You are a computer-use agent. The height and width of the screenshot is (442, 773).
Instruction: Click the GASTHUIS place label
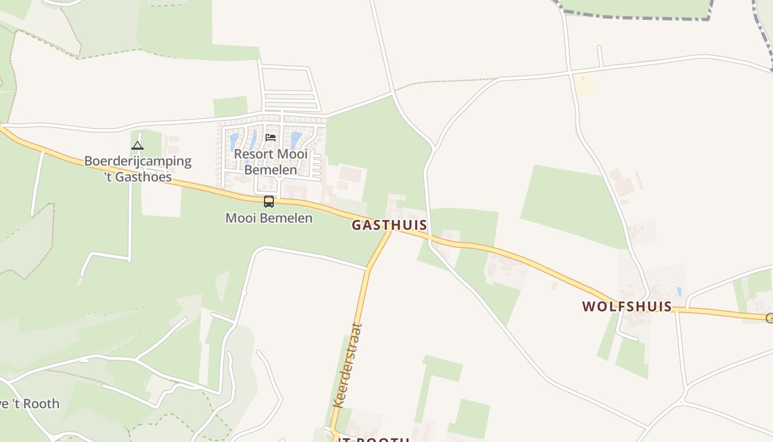click(389, 225)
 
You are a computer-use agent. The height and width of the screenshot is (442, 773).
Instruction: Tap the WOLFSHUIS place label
click(627, 307)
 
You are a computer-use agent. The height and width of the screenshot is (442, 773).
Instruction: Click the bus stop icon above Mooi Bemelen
click(269, 202)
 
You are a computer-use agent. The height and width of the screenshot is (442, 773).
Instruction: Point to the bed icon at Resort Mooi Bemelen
click(271, 137)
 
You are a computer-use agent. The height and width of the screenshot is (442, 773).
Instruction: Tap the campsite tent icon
click(137, 146)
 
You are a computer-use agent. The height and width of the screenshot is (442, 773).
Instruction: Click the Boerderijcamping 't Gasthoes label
click(137, 169)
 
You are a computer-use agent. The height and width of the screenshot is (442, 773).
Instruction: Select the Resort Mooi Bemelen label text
click(271, 161)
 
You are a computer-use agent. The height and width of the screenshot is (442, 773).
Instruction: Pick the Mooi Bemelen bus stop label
click(269, 218)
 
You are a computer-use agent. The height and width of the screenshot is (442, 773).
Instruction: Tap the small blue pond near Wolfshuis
click(679, 291)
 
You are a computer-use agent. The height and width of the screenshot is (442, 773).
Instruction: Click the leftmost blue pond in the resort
click(234, 141)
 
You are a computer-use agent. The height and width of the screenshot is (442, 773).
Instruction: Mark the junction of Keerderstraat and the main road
click(391, 230)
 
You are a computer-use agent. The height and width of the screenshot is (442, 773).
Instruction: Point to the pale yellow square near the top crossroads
click(584, 85)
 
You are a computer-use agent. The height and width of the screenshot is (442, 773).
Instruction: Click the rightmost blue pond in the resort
click(297, 139)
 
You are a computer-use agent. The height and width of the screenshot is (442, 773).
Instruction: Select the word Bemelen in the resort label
click(271, 170)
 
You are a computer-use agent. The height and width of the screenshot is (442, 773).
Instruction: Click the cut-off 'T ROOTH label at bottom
click(373, 439)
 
